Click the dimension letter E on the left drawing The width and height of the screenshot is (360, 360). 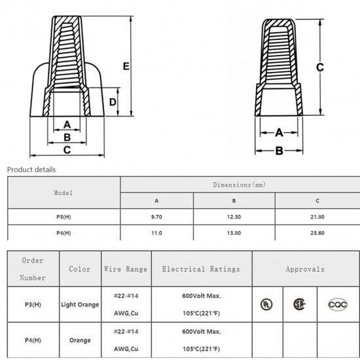click(126, 65)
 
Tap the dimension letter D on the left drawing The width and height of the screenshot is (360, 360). click(113, 102)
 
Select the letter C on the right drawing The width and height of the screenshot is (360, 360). click(320, 67)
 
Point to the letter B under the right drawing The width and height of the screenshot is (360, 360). click(278, 151)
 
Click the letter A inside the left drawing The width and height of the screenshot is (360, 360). click(66, 124)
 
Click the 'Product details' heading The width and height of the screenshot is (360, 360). click(31, 170)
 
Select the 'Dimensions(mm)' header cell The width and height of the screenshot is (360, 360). click(240, 185)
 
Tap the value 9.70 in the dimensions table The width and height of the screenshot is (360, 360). click(156, 217)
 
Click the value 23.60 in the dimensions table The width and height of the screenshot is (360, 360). click(317, 233)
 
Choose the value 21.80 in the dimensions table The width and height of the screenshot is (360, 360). click(317, 217)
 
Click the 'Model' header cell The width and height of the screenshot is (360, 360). click(63, 193)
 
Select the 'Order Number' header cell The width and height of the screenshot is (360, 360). click(33, 268)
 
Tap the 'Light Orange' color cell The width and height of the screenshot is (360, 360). click(80, 304)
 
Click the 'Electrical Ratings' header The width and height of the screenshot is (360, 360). click(201, 269)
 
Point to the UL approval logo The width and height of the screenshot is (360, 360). click(266, 304)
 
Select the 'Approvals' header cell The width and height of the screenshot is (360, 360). click(305, 269)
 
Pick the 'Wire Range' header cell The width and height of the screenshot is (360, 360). click(126, 269)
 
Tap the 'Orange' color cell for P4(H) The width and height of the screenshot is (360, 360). click(80, 340)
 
